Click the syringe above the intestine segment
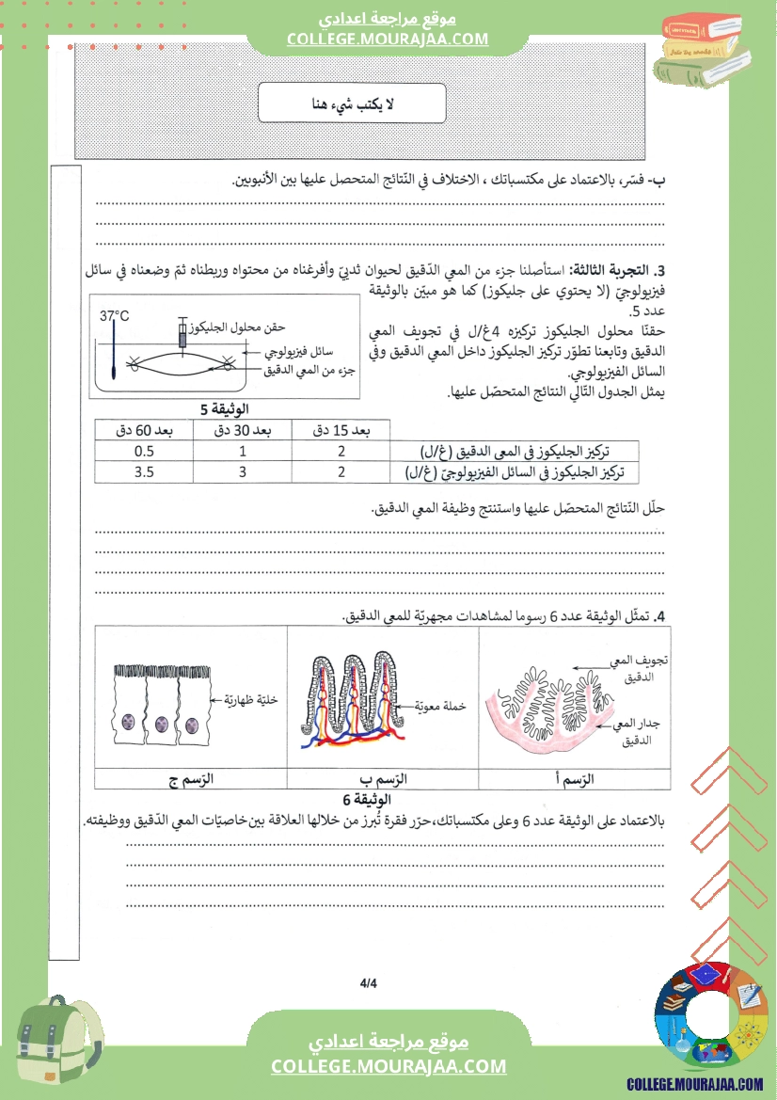tap(183, 335)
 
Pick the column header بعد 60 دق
tap(143, 430)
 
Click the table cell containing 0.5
tap(143, 451)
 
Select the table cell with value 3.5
tap(143, 472)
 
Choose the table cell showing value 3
tap(242, 472)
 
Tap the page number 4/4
tap(368, 984)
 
